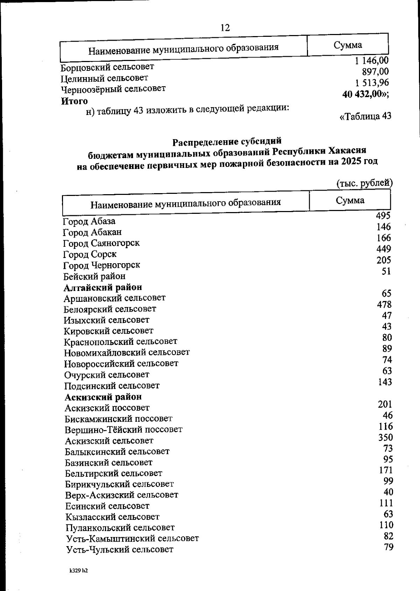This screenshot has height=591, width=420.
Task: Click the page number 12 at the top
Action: [225, 28]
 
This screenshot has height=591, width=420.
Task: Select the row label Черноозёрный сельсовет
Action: [113, 89]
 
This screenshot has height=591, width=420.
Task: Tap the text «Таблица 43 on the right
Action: [365, 116]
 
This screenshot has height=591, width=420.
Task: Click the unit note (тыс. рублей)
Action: [364, 183]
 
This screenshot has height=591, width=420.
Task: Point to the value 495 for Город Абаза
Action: [383, 216]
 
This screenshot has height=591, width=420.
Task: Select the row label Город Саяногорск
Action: [101, 243]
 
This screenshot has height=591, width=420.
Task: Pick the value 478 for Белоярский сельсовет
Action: [384, 304]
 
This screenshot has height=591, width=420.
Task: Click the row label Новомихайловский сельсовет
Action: [127, 352]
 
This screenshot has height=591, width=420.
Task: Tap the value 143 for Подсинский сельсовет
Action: [385, 382]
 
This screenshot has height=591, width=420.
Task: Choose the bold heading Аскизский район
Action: [103, 397]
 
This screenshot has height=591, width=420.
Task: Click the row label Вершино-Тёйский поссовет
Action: [124, 430]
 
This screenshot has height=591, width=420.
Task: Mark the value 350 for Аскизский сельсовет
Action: [385, 437]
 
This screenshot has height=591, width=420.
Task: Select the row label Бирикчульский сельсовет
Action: [119, 484]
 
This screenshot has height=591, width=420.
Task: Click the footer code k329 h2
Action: [78, 571]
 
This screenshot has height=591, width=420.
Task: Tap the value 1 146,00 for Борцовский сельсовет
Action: [371, 61]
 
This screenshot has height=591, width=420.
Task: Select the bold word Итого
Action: [74, 101]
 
